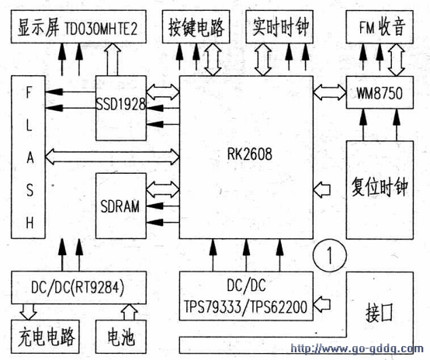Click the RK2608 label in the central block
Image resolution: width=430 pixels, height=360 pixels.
coord(250,154)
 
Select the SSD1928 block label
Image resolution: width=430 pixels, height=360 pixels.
coord(120,104)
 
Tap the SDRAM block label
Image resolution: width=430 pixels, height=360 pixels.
coord(120,206)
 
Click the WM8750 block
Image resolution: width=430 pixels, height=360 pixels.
coord(380,92)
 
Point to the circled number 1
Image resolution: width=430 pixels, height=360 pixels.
coord(330,255)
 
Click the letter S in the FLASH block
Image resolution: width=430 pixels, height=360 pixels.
coord(29,190)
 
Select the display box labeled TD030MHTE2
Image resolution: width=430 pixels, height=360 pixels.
coord(78,26)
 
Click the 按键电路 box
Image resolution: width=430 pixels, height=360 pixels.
coord(196,26)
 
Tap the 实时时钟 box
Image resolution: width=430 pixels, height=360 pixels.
coord(279,26)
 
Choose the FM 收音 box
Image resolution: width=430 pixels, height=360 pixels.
coord(380,26)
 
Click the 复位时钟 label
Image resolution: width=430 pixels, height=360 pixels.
coord(380,187)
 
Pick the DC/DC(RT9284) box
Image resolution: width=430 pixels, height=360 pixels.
coord(78,288)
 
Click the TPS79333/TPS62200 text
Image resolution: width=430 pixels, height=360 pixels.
coord(245,306)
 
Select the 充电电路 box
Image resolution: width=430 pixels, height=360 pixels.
coord(45,337)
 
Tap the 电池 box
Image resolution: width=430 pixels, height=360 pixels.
coord(120,337)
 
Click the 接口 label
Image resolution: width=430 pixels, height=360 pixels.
coord(380,313)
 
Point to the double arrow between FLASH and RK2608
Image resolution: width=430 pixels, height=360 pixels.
coord(113,157)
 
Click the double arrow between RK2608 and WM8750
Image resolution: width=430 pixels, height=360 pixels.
coord(330,92)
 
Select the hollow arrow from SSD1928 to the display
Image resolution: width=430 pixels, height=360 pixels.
coord(113,59)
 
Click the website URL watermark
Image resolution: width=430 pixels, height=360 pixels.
coord(356,349)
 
